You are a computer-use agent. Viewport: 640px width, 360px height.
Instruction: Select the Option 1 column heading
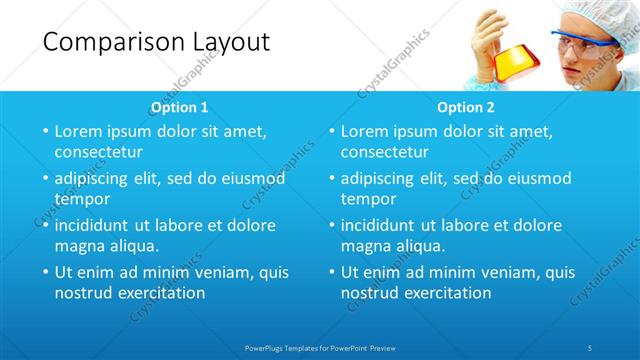tap(179, 106)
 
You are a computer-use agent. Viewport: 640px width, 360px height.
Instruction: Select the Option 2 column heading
tap(466, 106)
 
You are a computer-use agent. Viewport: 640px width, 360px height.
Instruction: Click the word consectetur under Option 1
tap(98, 153)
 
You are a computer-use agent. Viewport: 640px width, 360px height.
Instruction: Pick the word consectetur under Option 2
tap(384, 153)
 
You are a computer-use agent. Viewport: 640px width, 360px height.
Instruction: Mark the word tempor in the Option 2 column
tap(366, 199)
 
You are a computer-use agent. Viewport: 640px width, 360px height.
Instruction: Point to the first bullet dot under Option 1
tap(45, 131)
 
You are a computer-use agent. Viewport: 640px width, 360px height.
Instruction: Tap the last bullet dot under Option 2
tap(331, 272)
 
